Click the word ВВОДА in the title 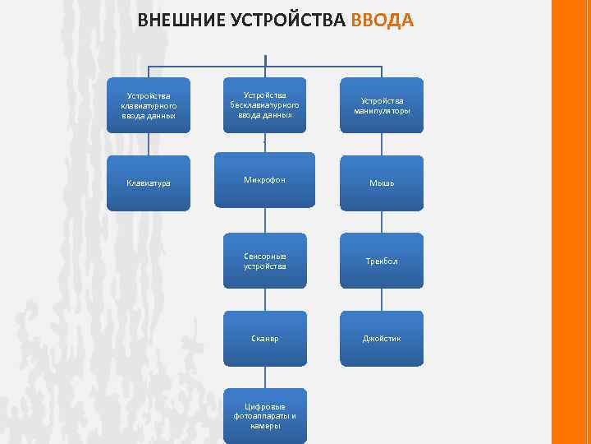[x=382, y=20]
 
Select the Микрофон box [x=264, y=179]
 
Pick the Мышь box [x=382, y=183]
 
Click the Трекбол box [x=382, y=261]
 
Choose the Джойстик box [x=382, y=339]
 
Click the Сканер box [x=264, y=339]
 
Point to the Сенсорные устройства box [x=264, y=261]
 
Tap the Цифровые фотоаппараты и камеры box [x=264, y=415]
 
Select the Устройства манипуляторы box [x=382, y=105]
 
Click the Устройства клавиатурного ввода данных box [x=149, y=105]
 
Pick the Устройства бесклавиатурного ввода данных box [x=264, y=105]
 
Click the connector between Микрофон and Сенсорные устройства [x=264, y=220]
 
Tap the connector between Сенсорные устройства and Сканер [x=264, y=299]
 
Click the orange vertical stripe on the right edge [x=571, y=222]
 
